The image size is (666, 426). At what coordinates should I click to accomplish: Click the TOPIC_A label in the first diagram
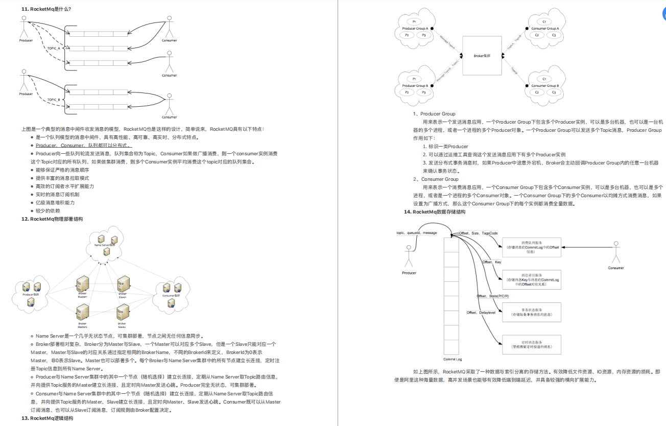coord(54,48)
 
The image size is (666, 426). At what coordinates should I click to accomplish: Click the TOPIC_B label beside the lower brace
coord(54,100)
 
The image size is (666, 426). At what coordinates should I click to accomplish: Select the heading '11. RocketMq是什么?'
coord(46,9)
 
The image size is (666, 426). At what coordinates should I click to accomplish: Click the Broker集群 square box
coord(482,55)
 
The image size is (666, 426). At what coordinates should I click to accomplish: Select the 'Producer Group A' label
coord(415,29)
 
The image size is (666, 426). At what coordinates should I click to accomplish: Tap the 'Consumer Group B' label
coord(545,86)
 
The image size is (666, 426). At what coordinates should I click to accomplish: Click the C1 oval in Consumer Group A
coord(544,21)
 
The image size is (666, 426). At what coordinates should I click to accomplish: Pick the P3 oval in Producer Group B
coord(423,92)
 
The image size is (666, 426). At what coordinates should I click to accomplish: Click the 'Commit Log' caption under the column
coord(453,360)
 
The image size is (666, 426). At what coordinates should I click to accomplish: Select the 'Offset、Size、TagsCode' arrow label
coord(478,233)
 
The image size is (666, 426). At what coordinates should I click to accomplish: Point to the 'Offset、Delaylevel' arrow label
coord(481,313)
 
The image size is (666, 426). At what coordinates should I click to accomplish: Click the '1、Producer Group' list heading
coord(434,114)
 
